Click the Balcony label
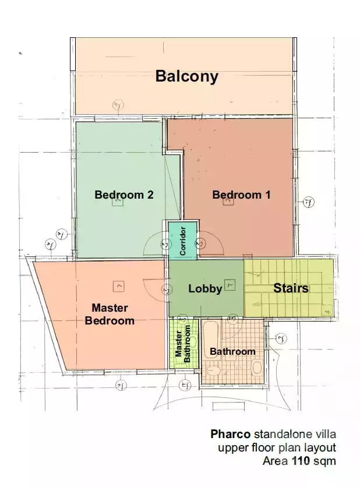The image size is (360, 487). pyautogui.click(x=186, y=76)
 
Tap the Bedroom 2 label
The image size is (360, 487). pyautogui.click(x=123, y=195)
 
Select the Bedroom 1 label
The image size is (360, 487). pyautogui.click(x=241, y=195)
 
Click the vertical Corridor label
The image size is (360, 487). pyautogui.click(x=183, y=241)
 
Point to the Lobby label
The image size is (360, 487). pyautogui.click(x=205, y=288)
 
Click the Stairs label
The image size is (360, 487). pyautogui.click(x=291, y=288)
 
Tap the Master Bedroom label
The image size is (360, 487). pyautogui.click(x=110, y=314)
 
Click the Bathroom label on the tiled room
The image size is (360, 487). pyautogui.click(x=232, y=351)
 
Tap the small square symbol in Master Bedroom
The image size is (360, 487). pyautogui.click(x=119, y=286)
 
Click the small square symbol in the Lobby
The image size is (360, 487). pyautogui.click(x=230, y=285)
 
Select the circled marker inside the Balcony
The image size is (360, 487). pyautogui.click(x=118, y=105)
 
